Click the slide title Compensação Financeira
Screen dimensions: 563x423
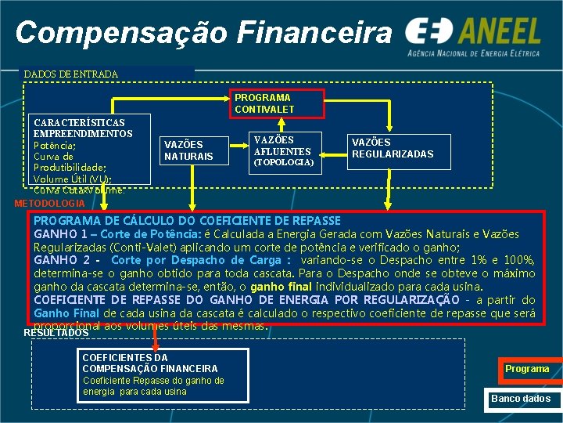pos(204,32)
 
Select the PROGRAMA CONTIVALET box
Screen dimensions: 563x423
pos(264,103)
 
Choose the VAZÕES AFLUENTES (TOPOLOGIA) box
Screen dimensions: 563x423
pos(282,151)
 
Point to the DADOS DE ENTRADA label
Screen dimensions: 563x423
pos(70,74)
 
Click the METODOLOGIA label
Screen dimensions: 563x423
pos(50,204)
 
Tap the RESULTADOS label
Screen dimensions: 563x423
pos(56,333)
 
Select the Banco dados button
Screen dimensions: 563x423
pos(521,399)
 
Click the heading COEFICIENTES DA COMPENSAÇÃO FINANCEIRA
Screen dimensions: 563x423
pos(150,363)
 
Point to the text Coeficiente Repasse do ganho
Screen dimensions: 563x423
pos(153,381)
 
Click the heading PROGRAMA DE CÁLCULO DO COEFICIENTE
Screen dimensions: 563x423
pos(187,221)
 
